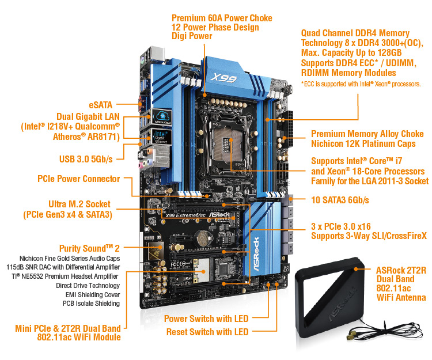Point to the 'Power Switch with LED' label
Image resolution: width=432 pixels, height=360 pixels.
point(206,319)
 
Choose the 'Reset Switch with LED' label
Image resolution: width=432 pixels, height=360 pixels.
point(207,332)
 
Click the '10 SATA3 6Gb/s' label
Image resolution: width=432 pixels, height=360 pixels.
point(340,200)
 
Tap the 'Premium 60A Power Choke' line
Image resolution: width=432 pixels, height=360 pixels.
point(222,18)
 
